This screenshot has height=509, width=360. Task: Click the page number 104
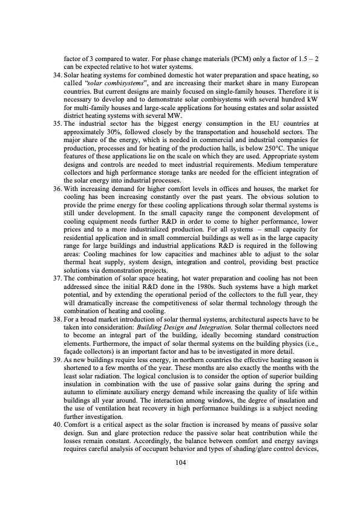pyautogui.click(x=180, y=463)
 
